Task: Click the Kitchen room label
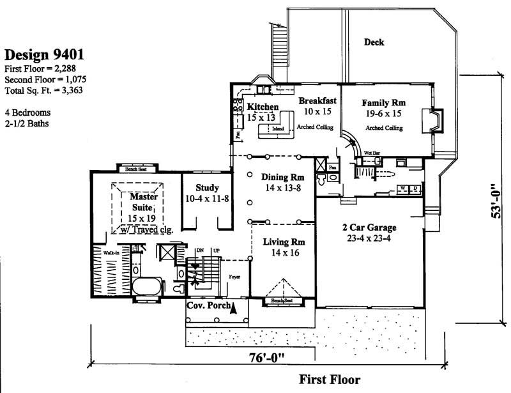pyautogui.click(x=263, y=107)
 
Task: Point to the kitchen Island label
pyautogui.click(x=278, y=128)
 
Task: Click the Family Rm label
pyautogui.click(x=384, y=102)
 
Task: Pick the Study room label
pyautogui.click(x=208, y=188)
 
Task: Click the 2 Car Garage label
pyautogui.click(x=370, y=227)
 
